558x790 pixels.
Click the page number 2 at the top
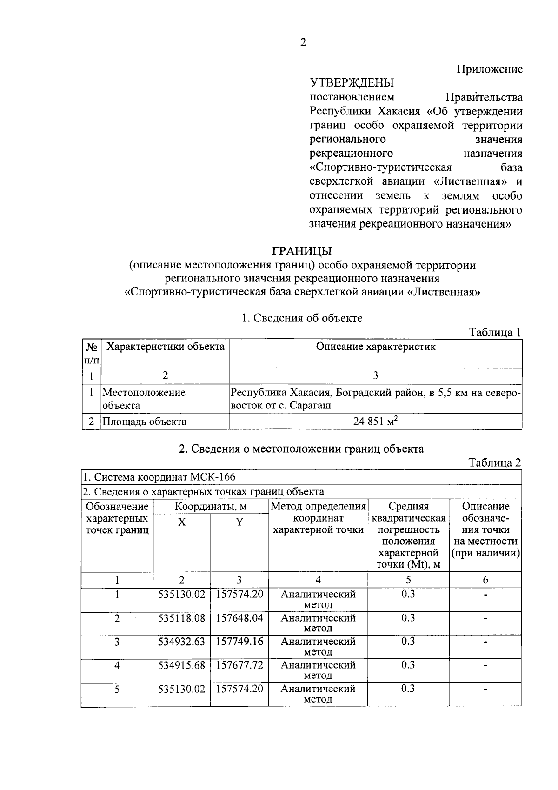click(x=303, y=42)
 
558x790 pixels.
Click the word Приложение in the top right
click(x=490, y=70)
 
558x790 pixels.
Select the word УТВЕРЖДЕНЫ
click(x=352, y=83)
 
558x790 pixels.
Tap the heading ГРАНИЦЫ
click(x=302, y=251)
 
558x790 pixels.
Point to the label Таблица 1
click(x=495, y=332)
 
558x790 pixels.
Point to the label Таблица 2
click(x=495, y=462)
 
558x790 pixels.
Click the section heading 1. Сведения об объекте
click(x=302, y=318)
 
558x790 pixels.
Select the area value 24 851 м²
click(x=375, y=422)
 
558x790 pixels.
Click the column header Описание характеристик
click(x=376, y=347)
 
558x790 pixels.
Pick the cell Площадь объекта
click(x=144, y=422)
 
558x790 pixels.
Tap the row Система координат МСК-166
click(x=159, y=477)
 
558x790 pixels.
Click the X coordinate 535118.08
click(x=182, y=618)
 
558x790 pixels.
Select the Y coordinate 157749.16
click(x=239, y=642)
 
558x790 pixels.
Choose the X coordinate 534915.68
click(x=182, y=665)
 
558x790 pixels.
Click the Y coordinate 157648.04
click(x=239, y=618)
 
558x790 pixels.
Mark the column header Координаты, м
click(x=211, y=506)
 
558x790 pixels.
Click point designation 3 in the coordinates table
click(x=117, y=642)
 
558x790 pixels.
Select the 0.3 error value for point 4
click(x=408, y=665)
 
